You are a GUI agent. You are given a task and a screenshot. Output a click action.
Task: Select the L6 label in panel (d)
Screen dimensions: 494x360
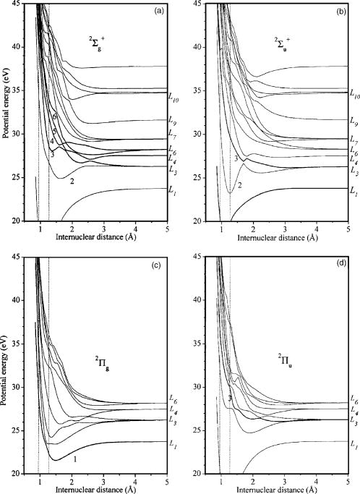353,399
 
